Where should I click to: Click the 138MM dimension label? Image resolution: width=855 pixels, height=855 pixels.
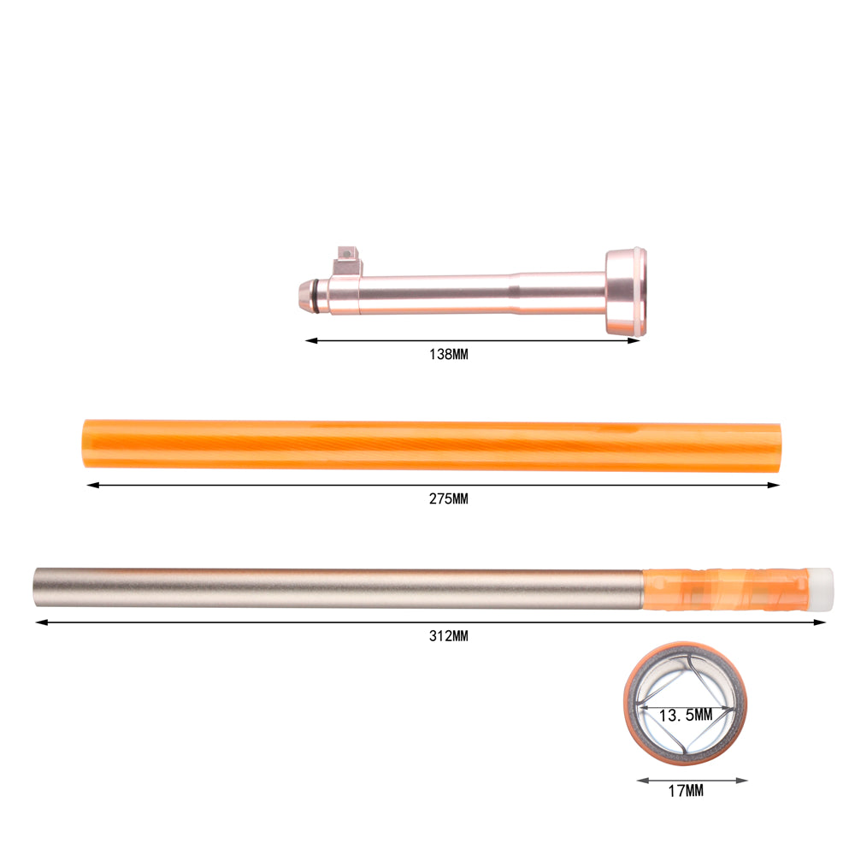[448, 355]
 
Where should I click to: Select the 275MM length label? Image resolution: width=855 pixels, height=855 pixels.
[448, 499]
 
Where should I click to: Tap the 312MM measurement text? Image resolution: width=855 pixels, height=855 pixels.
[448, 636]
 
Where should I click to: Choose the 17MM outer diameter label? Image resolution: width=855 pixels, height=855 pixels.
[686, 791]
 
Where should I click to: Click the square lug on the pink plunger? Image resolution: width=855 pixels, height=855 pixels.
[347, 261]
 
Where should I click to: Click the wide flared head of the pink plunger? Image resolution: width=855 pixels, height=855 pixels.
[626, 292]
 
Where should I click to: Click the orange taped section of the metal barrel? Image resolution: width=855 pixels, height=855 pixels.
[725, 589]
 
